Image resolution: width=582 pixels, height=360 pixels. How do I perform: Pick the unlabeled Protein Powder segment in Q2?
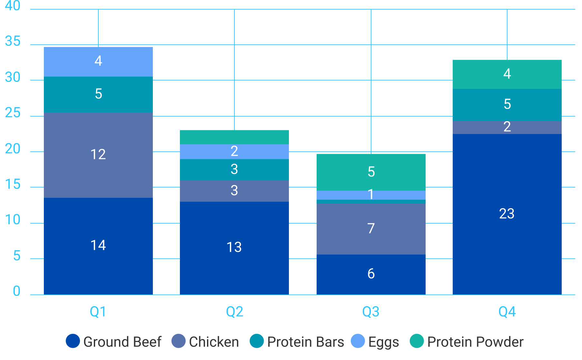tap(234, 137)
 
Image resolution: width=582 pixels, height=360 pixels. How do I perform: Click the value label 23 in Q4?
tap(507, 214)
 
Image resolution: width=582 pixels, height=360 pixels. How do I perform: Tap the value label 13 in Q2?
tap(234, 247)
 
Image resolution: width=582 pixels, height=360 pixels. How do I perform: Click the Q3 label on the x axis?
tap(371, 312)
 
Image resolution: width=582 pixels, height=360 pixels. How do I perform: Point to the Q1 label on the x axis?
tap(98, 312)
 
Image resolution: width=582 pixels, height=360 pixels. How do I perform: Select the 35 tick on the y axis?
tap(13, 41)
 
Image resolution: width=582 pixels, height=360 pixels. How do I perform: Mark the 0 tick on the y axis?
tap(16, 291)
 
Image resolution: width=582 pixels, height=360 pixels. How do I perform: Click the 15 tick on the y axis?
tap(13, 184)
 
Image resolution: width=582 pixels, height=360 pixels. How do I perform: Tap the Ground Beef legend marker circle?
tap(73, 341)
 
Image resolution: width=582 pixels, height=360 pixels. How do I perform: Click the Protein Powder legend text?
tap(475, 342)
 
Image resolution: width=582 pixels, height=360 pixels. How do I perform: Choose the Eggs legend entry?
tap(383, 342)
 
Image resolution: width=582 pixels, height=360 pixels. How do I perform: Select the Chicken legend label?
tap(214, 342)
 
